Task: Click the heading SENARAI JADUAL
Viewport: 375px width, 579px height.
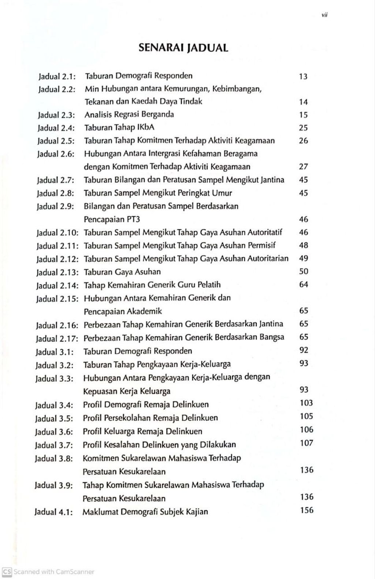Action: tap(183, 48)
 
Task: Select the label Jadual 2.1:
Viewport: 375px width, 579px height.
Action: tap(57, 77)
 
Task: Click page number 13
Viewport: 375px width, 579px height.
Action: tap(303, 77)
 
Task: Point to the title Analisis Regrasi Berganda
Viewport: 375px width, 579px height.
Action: tap(129, 114)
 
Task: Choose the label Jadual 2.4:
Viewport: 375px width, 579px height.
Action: tap(56, 128)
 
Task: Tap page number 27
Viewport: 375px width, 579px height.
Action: tap(303, 166)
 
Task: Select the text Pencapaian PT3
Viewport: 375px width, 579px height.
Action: tap(112, 219)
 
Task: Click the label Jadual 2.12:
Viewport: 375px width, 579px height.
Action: tap(58, 259)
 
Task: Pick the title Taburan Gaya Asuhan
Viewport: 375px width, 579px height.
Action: tap(122, 272)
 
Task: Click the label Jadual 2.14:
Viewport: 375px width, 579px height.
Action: tap(57, 285)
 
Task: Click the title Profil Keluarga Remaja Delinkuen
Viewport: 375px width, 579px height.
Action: tap(142, 431)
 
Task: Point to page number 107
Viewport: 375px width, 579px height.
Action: tap(307, 443)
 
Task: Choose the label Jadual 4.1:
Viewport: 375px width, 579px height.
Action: tap(54, 512)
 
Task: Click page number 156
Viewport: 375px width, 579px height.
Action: tap(307, 510)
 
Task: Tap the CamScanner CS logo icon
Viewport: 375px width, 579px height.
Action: tap(7, 571)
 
